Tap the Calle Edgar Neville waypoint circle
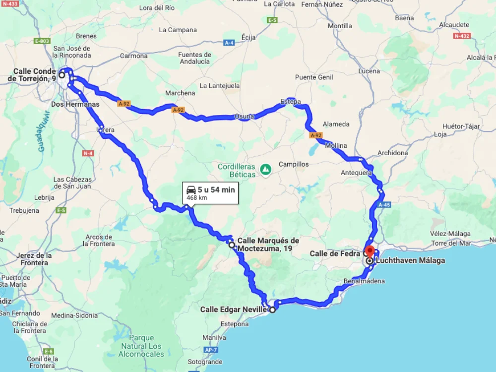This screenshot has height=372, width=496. [x=272, y=310]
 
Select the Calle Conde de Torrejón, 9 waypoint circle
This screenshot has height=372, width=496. [x=62, y=75]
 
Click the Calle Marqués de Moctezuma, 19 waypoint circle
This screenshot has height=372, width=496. [x=232, y=245]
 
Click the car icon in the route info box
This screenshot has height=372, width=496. [x=191, y=189]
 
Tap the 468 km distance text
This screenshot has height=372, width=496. [x=196, y=198]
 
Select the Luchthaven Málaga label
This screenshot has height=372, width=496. [x=410, y=260]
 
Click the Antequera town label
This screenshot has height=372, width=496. [x=356, y=173]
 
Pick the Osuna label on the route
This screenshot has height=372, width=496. [x=244, y=117]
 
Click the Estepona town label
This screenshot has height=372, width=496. [x=234, y=324]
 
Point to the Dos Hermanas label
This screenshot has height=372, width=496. [x=75, y=104]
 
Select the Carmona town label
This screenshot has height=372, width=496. [x=133, y=56]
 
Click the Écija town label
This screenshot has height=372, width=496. [x=248, y=37]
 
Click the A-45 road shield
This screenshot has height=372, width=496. [x=384, y=204]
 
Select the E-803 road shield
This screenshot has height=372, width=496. [x=42, y=41]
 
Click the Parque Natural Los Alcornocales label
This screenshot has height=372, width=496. [x=141, y=346]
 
